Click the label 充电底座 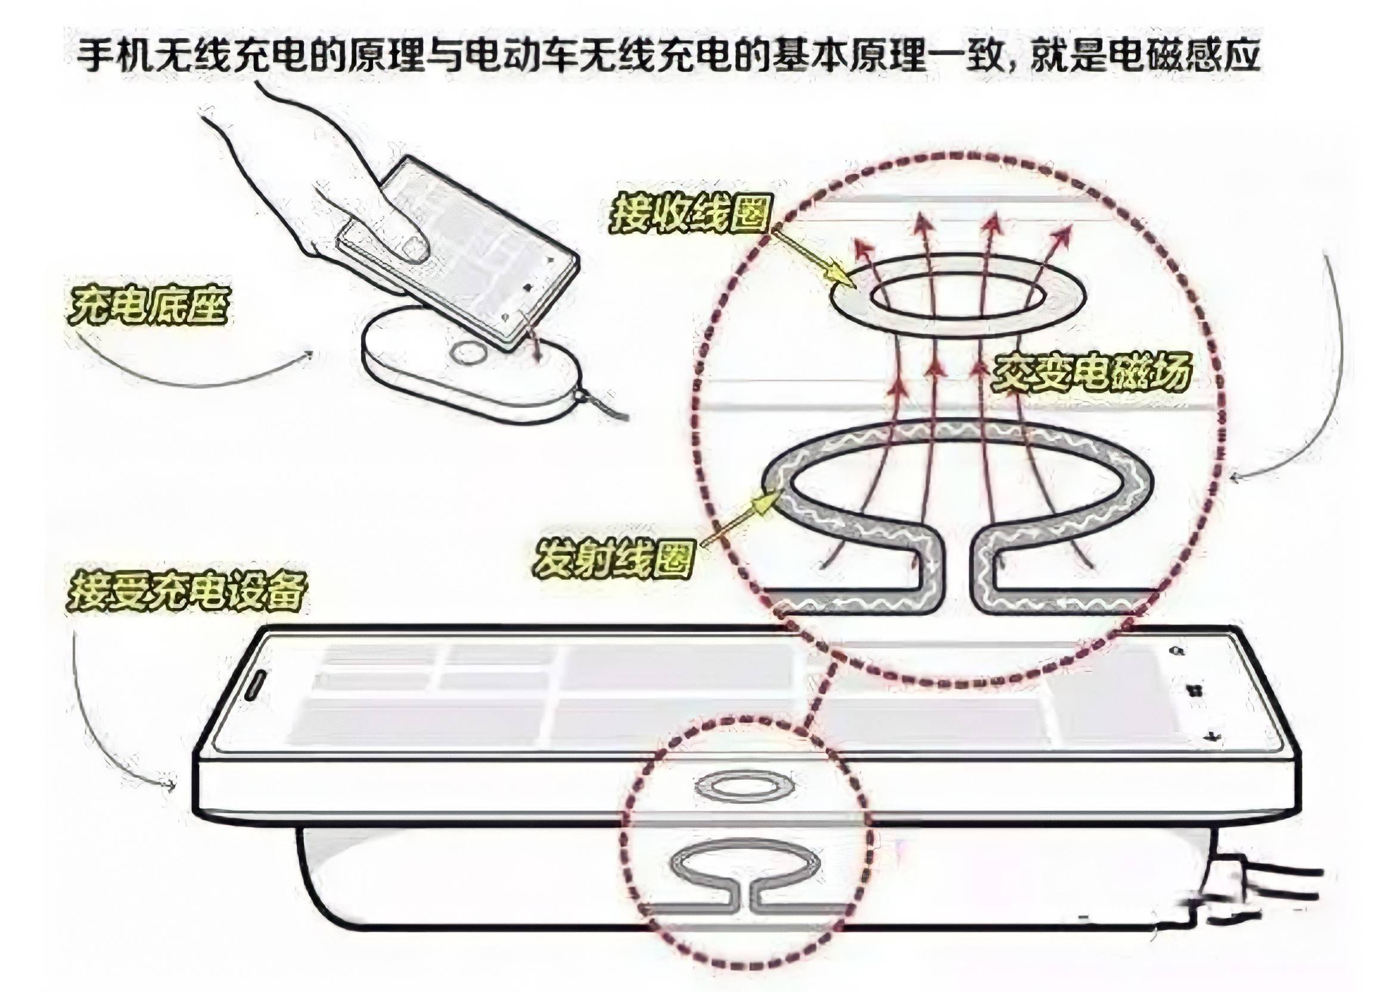click(149, 306)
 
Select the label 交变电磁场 click(1090, 373)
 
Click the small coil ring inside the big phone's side click(742, 788)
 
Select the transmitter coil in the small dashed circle click(745, 867)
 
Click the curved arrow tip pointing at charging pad click(309, 354)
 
